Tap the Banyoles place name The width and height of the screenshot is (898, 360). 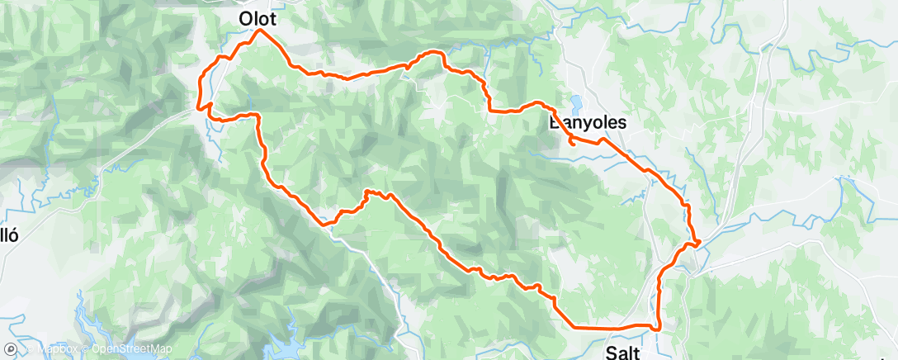click(x=588, y=122)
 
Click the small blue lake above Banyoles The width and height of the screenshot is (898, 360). click(x=575, y=103)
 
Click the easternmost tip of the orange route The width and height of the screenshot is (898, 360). click(x=700, y=242)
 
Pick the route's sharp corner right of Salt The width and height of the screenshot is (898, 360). click(x=658, y=329)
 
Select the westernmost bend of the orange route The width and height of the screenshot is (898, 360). click(x=200, y=106)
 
